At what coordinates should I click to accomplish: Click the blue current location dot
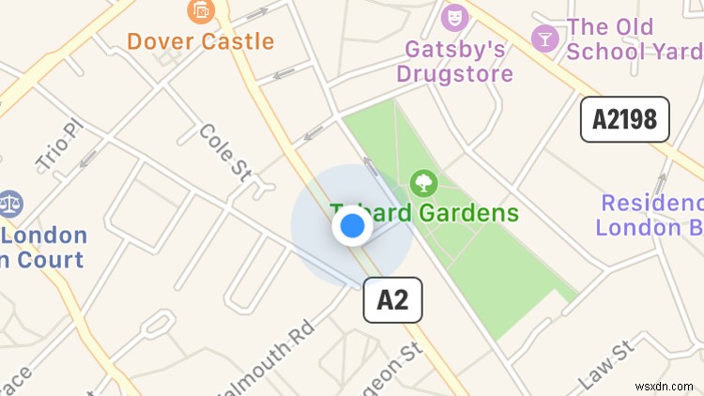352,226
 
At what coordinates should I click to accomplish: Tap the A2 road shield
392,300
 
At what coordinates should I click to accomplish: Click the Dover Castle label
200,41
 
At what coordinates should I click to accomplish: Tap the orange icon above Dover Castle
200,11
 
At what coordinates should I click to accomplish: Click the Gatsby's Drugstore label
454,60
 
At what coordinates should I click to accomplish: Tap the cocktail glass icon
543,38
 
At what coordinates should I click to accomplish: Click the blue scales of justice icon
10,204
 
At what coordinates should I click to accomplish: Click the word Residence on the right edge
651,204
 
